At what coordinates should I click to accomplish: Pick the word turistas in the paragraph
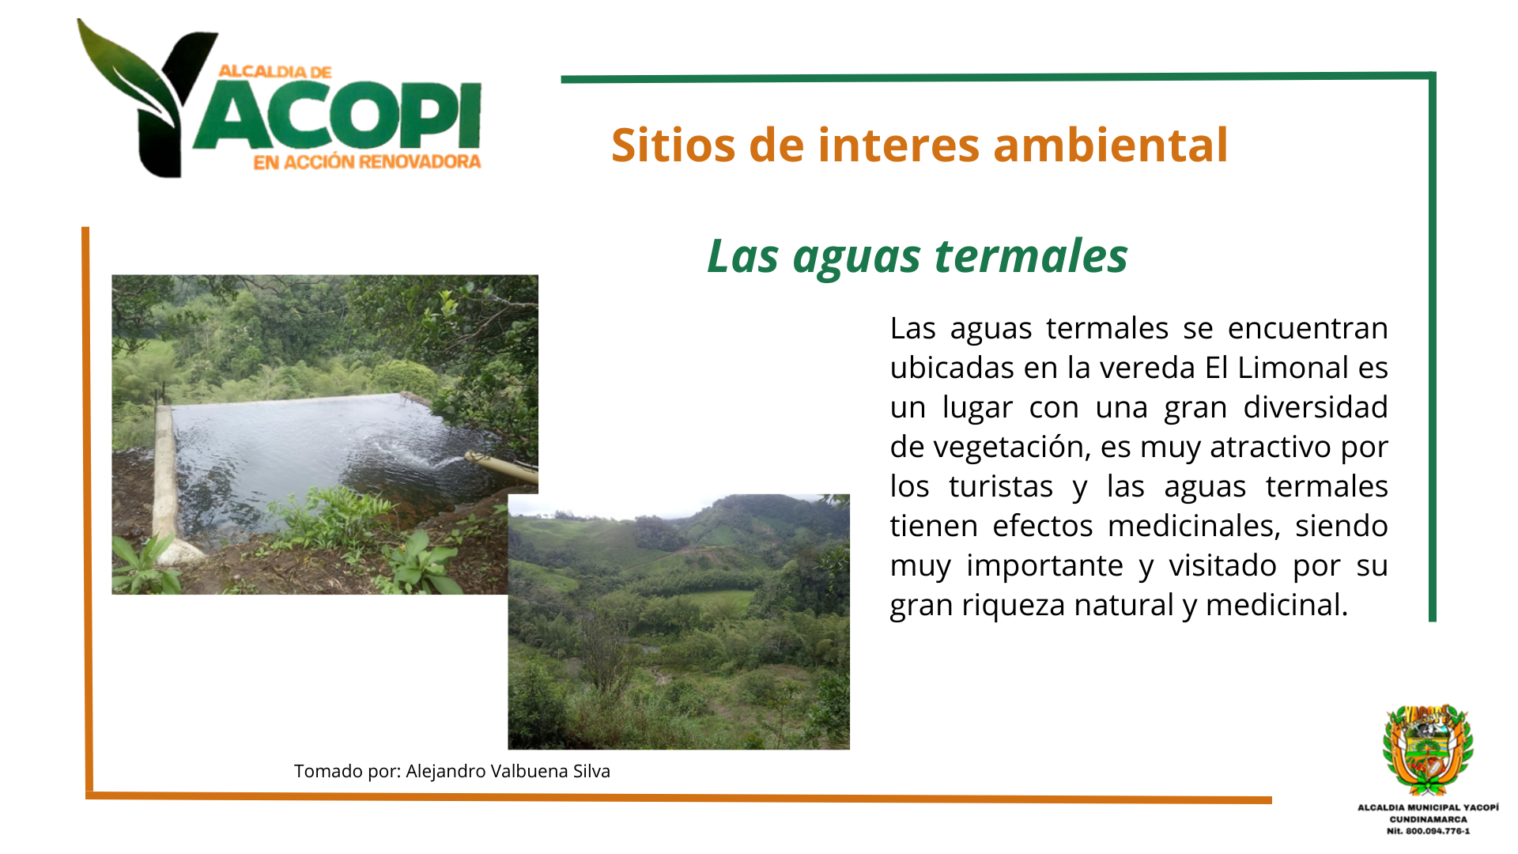(x=1001, y=486)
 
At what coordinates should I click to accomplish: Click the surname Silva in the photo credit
(x=591, y=771)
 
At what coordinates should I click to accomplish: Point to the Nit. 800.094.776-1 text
(x=1428, y=831)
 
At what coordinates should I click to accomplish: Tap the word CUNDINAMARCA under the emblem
(x=1428, y=819)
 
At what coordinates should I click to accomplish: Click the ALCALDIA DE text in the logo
(x=274, y=72)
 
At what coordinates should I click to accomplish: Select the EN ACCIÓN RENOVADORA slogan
(x=367, y=162)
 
